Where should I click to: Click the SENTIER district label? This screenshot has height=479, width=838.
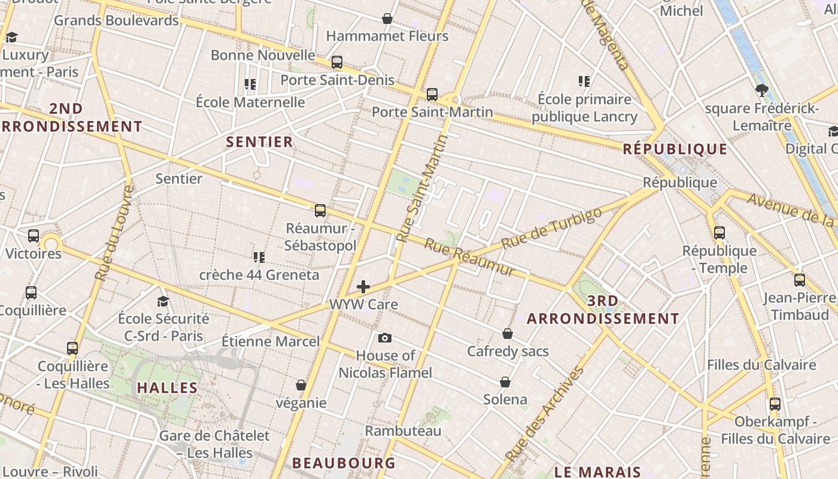(x=259, y=142)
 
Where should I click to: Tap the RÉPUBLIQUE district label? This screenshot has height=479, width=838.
(x=675, y=149)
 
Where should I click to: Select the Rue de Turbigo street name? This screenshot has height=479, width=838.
(x=551, y=228)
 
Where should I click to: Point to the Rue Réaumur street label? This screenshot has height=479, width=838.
(x=470, y=258)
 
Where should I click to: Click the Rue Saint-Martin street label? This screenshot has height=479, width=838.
(x=422, y=188)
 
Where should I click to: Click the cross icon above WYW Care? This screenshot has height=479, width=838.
(x=363, y=287)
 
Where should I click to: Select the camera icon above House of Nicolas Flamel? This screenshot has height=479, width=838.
(x=385, y=338)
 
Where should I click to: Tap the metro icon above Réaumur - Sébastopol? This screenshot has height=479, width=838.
(x=320, y=211)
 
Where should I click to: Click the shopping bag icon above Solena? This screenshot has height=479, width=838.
(x=505, y=382)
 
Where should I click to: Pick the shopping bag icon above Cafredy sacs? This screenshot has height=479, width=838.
(x=508, y=334)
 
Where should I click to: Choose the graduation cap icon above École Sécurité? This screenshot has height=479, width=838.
(x=163, y=301)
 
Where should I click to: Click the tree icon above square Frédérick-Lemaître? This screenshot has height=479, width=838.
(x=761, y=90)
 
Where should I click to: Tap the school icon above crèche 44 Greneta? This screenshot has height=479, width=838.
(x=259, y=257)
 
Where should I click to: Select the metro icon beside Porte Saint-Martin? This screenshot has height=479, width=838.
(x=432, y=95)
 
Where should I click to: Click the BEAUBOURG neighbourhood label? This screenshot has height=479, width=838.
(x=344, y=463)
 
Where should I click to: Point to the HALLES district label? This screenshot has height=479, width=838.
(x=168, y=387)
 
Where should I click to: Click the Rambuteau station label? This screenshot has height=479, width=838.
(x=403, y=431)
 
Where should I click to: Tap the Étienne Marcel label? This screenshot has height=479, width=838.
(x=271, y=341)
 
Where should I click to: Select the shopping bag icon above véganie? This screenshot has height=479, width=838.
(x=301, y=385)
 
